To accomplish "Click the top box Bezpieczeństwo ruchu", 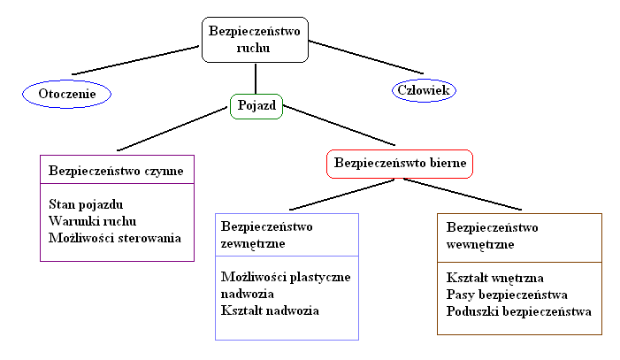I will pos(256,41).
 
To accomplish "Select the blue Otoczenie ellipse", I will pos(67,92).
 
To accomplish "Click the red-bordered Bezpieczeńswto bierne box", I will pos(400,164).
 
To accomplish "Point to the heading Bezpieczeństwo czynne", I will pos(117,168).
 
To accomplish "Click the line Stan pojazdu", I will pos(86,204).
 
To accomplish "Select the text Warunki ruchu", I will pos(93,220).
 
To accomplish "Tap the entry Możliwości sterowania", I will pos(115,237).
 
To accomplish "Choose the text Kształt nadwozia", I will pos(270,310).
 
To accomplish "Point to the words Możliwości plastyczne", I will pos(286,277).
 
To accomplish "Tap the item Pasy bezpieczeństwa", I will pos(507,295).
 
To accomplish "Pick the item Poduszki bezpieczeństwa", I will pos(518,311).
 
